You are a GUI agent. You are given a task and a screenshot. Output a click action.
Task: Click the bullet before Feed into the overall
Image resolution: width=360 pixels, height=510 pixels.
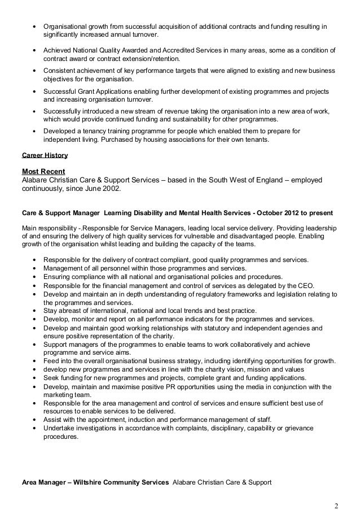pos(36,361)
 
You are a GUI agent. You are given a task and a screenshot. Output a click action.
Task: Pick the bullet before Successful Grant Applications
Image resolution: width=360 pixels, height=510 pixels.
pos(36,91)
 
